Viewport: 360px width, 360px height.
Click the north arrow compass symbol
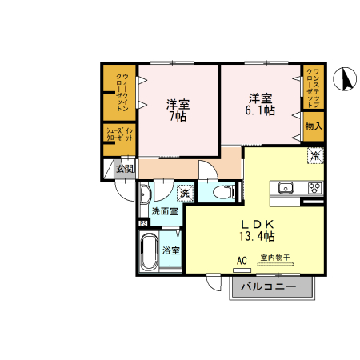click(347, 78)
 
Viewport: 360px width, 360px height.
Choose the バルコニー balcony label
click(268, 286)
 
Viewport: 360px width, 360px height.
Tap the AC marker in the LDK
click(242, 260)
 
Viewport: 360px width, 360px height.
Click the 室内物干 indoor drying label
click(274, 258)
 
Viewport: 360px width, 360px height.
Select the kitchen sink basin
click(286, 189)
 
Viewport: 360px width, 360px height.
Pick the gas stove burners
click(314, 189)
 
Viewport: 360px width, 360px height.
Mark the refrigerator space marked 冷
click(315, 156)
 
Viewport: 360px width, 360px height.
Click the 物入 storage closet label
click(313, 126)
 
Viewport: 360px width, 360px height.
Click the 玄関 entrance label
click(124, 169)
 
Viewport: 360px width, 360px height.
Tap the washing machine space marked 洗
click(184, 194)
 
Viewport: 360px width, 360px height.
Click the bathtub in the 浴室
click(150, 252)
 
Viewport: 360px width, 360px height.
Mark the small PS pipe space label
click(143, 224)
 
